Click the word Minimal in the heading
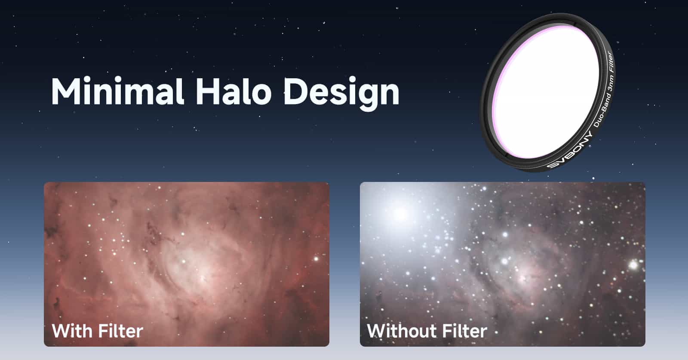[118, 91]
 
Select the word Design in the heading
[341, 93]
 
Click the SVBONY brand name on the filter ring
[570, 151]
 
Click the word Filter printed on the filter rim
[611, 63]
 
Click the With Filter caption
[97, 331]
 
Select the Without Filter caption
[427, 331]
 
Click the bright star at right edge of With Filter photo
[316, 259]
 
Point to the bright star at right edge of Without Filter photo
[634, 265]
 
